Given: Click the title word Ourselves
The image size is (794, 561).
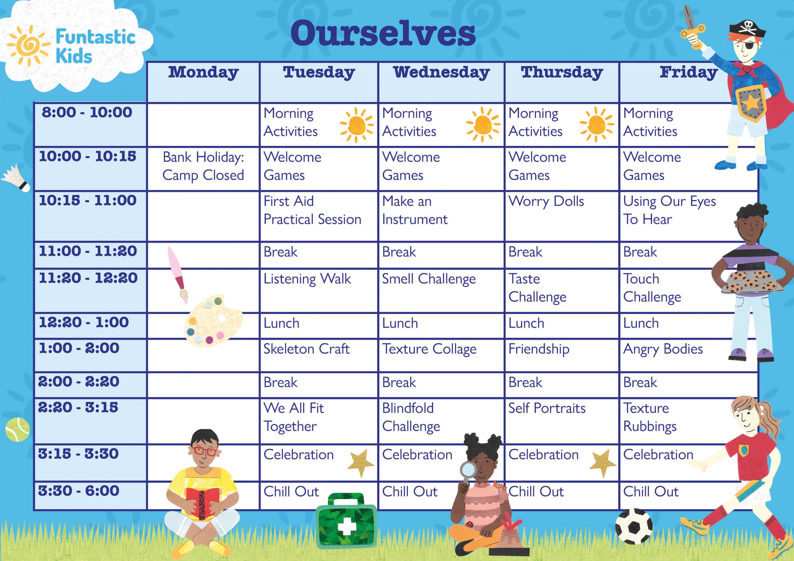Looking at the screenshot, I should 383,33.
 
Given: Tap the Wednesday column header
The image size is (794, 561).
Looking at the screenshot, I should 441,73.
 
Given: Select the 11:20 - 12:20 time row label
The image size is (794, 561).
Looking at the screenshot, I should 88,278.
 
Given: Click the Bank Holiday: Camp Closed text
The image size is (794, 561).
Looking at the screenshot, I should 203,166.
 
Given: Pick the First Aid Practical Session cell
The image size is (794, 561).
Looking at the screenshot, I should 312,210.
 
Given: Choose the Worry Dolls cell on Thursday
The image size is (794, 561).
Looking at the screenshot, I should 546,201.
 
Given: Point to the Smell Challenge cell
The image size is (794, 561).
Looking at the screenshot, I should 429,279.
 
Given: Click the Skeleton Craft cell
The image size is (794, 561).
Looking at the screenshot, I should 306,349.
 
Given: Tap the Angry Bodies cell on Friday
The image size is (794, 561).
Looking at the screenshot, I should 663,349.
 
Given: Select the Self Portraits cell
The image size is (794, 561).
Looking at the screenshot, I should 547,408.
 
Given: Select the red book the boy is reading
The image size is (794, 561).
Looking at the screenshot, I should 203,503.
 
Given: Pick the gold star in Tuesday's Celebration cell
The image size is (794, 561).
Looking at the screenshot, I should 360,462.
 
